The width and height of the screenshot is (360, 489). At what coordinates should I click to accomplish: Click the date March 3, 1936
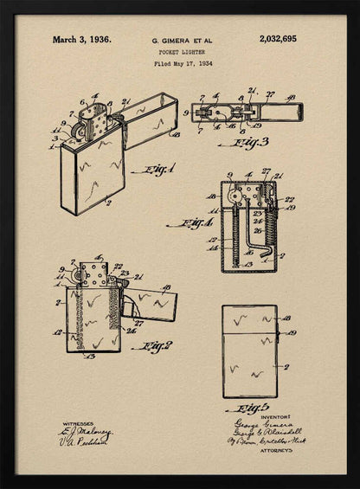click(81, 39)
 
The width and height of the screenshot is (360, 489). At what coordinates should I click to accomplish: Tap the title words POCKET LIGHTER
click(182, 52)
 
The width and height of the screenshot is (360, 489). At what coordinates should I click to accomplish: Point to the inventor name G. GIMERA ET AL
click(182, 40)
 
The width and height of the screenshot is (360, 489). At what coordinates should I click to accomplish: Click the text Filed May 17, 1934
click(183, 63)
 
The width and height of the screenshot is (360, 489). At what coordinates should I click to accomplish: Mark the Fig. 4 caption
click(190, 223)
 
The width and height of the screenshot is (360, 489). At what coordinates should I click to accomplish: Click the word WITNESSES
click(79, 424)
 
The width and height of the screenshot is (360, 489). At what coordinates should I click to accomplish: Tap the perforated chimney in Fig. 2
click(93, 274)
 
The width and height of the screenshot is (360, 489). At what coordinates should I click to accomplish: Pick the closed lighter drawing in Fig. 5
click(249, 351)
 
